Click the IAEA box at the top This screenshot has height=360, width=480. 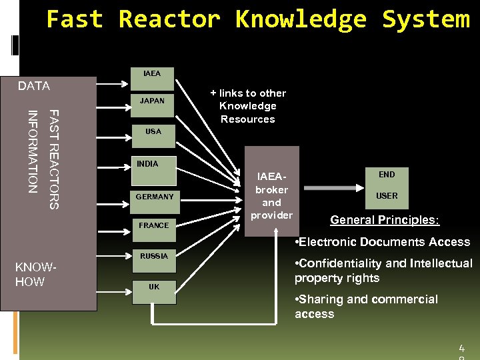coord(153,79)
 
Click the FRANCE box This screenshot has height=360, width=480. coord(154,228)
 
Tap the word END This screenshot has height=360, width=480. coord(387,175)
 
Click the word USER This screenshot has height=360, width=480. coord(387,196)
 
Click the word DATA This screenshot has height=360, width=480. coord(34,86)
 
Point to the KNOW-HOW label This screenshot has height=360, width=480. coord(35,275)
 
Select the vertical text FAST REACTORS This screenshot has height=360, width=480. coord(55,159)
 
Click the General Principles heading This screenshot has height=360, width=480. coord(385,220)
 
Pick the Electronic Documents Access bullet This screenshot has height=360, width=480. coord(382,242)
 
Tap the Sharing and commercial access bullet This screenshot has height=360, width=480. coord(366,307)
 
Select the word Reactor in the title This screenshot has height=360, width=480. coord(169,19)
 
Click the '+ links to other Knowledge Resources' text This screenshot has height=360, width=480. coord(247,106)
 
